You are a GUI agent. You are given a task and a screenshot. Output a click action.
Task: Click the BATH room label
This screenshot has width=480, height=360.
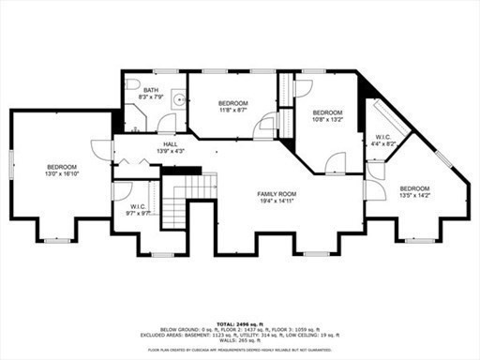click(151, 90)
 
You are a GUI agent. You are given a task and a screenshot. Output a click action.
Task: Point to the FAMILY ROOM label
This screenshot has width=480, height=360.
click(277, 194)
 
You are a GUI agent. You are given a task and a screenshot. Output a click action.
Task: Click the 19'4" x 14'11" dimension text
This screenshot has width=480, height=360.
click(277, 201)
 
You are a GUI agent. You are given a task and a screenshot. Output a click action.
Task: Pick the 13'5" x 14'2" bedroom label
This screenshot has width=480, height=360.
click(413, 192)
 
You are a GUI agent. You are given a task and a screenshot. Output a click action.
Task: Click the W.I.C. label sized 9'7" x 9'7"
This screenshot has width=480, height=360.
click(138, 209)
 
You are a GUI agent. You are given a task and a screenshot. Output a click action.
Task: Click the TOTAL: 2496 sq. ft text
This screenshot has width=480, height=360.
click(239, 322)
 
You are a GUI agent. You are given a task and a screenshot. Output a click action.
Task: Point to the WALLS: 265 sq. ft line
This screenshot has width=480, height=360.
click(239, 338)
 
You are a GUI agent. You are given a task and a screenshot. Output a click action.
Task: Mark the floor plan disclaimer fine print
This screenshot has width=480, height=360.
click(239, 347)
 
